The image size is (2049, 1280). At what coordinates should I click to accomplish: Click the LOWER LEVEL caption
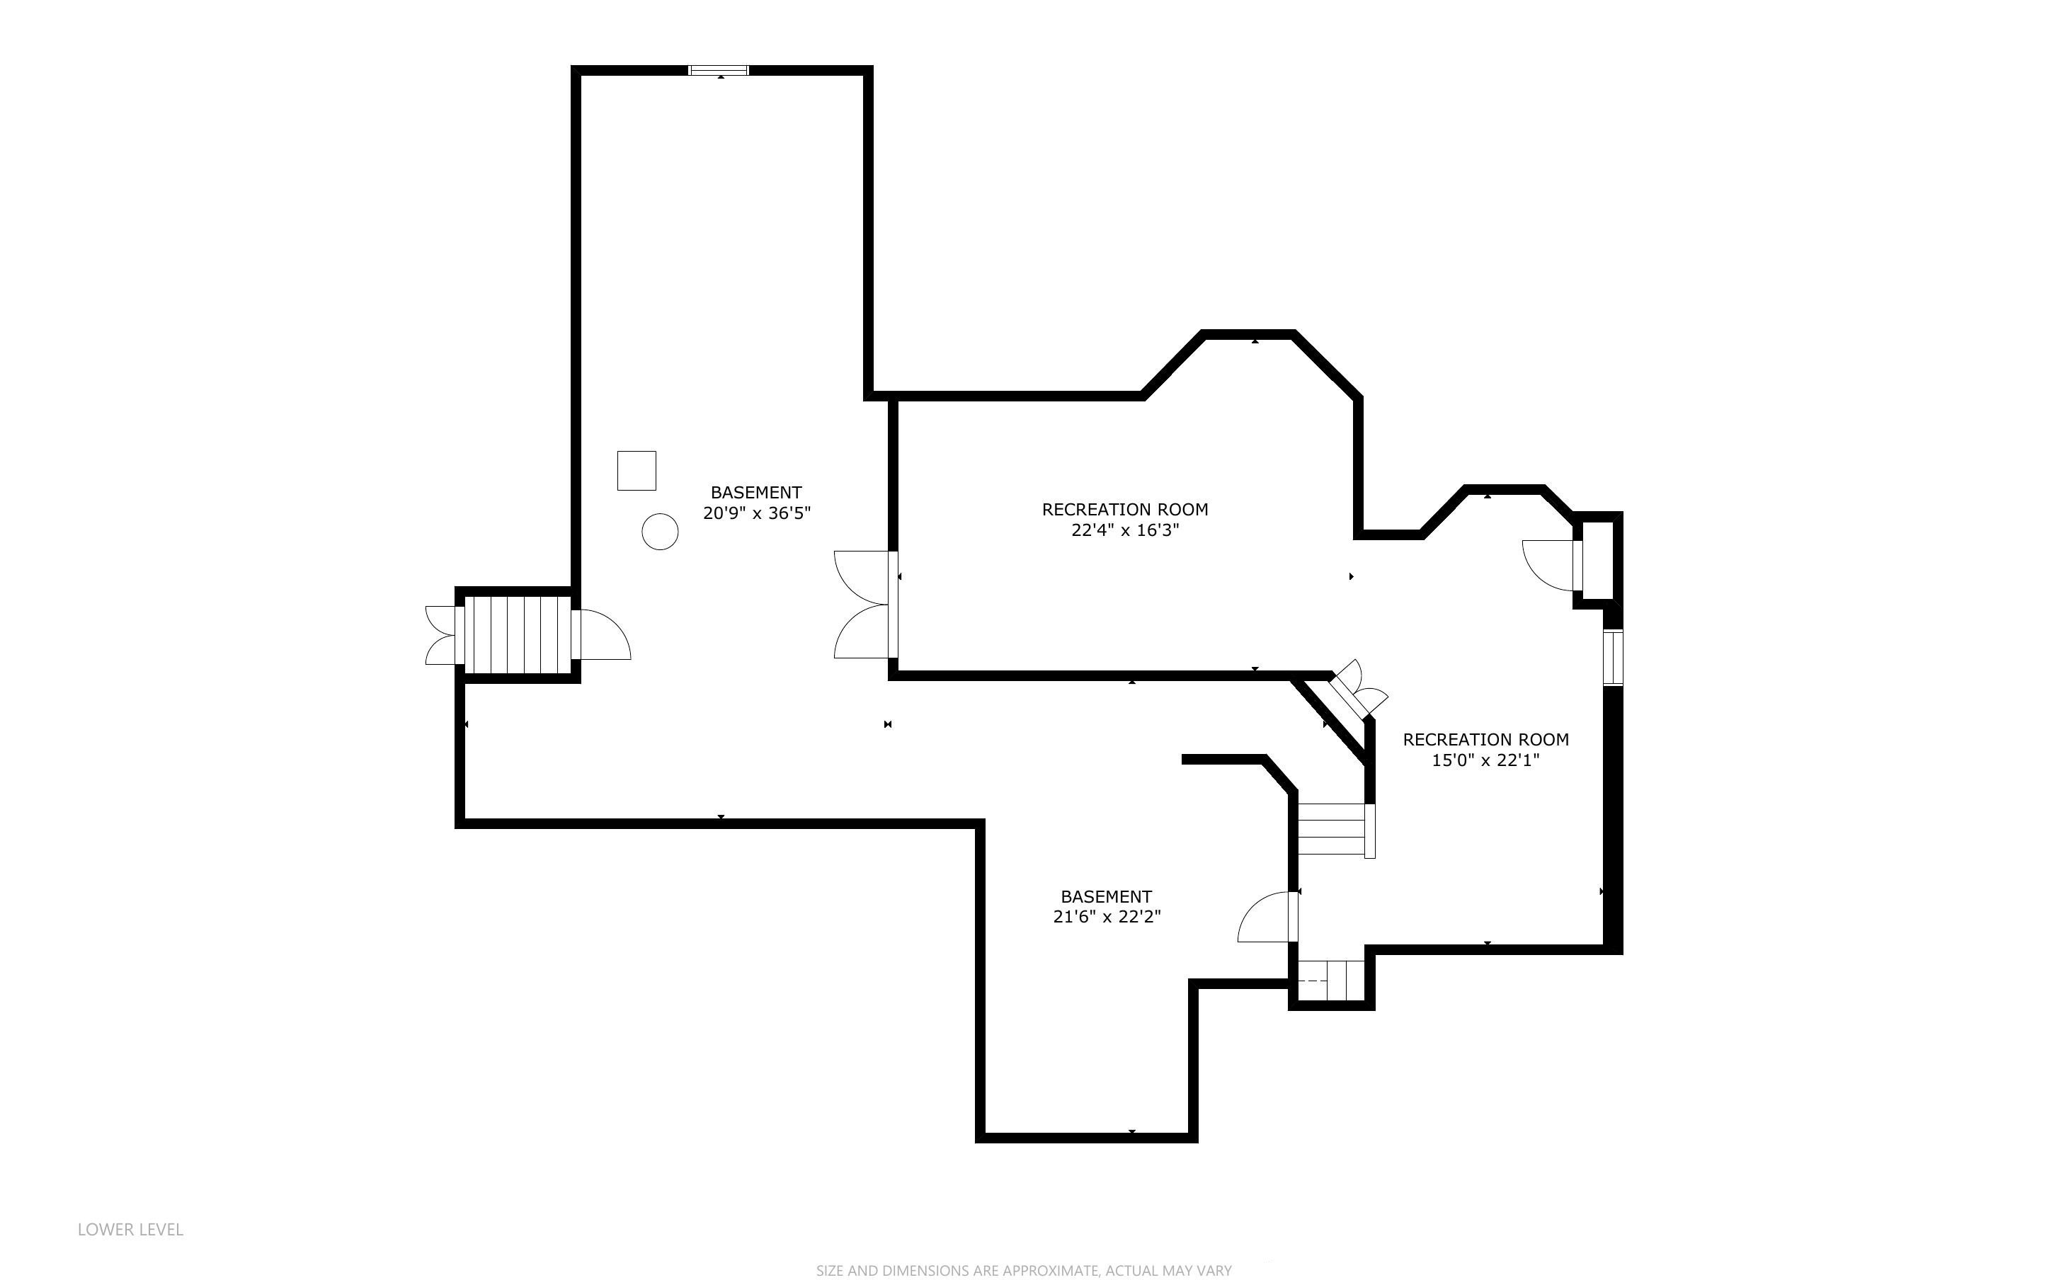click(130, 1229)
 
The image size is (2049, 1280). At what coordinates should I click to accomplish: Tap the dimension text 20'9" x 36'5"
click(757, 513)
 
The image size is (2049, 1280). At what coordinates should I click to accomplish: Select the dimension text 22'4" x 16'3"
click(1125, 531)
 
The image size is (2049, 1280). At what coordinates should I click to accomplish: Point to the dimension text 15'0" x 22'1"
click(1485, 760)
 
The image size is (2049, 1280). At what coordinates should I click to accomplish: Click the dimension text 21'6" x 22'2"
click(1106, 917)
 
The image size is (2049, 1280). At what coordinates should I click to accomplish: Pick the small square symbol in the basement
click(637, 471)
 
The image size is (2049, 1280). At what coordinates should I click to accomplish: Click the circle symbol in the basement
click(660, 532)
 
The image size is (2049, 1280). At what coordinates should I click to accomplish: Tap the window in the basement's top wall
click(719, 70)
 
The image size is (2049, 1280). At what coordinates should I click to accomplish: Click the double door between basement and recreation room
click(865, 605)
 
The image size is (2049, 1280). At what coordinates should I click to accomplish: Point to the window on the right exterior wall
click(1613, 657)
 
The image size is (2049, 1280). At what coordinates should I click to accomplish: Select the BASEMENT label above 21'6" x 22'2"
click(1106, 896)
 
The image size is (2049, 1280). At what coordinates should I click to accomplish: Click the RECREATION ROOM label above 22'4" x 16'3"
click(1125, 510)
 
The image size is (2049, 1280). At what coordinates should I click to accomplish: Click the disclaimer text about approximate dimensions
click(1024, 1270)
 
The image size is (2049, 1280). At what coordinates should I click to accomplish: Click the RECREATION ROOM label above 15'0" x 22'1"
click(1485, 739)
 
